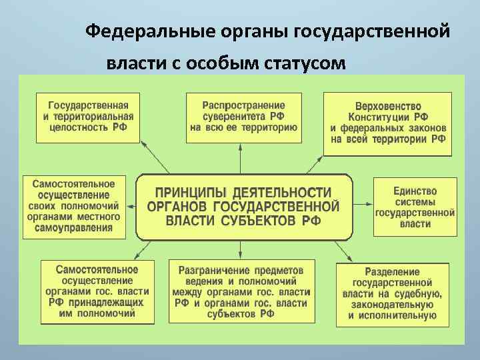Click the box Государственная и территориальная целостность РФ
pos(87,116)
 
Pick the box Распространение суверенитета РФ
pos(243,116)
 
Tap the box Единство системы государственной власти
pos(415,207)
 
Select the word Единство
pos(415,191)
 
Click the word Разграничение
pos(213,271)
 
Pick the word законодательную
pos(392,305)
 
